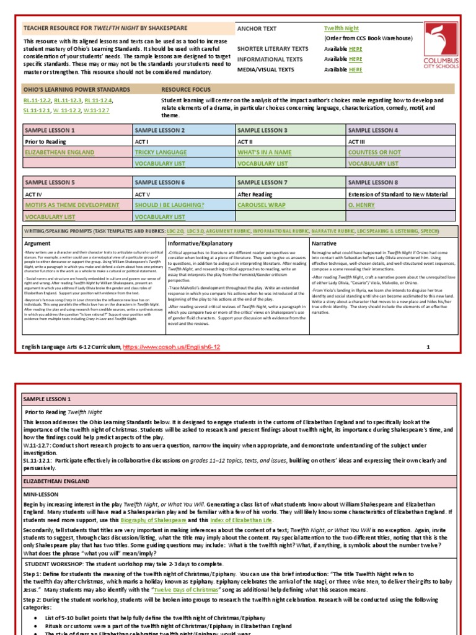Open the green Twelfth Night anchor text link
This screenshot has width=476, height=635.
(x=342, y=29)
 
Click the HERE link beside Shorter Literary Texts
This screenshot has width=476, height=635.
(x=356, y=48)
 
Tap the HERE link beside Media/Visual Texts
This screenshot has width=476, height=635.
(x=356, y=69)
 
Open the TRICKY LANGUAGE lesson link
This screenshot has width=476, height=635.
(x=161, y=152)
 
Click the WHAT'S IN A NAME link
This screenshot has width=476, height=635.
(x=265, y=152)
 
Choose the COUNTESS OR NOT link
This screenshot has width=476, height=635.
(x=374, y=152)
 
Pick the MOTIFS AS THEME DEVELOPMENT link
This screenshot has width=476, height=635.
(x=72, y=205)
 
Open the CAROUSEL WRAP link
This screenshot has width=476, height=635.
(x=262, y=205)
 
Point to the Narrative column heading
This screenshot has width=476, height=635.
(x=324, y=244)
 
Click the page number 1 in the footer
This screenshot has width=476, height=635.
(x=428, y=347)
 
